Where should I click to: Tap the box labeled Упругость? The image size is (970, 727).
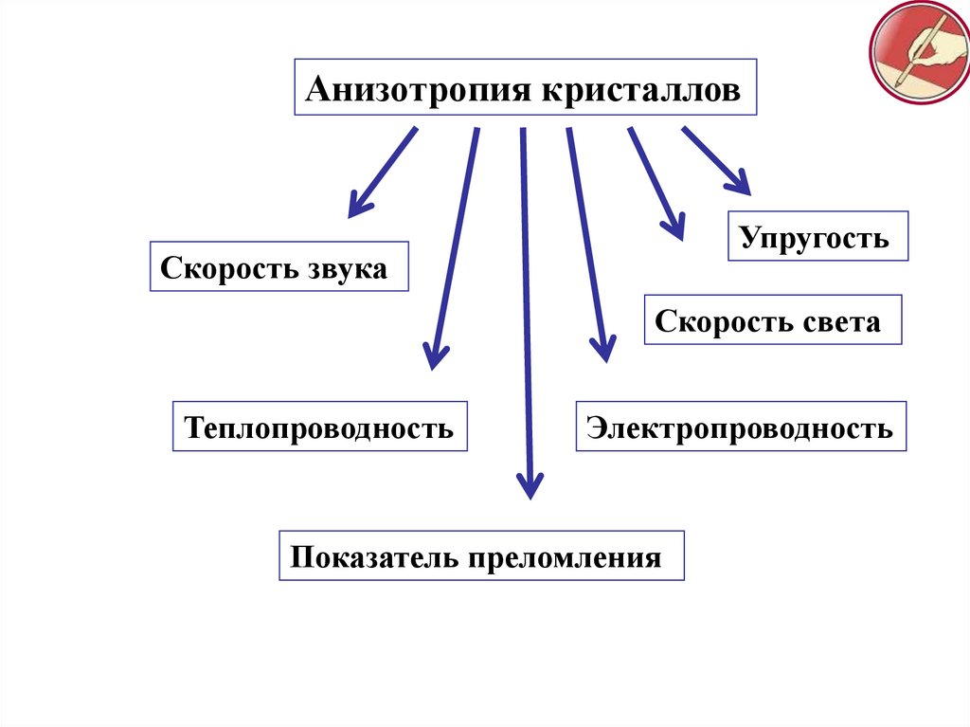(x=817, y=237)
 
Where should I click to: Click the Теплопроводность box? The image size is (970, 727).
(x=319, y=427)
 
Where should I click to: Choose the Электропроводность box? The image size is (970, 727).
(x=740, y=427)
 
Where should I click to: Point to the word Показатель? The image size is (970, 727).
(x=373, y=555)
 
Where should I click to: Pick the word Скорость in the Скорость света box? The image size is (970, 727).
(x=717, y=321)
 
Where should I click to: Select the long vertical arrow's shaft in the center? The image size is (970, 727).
(x=526, y=303)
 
